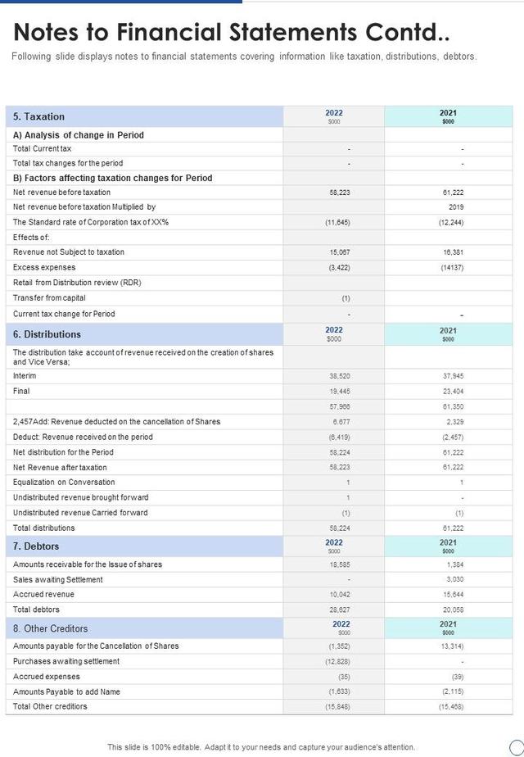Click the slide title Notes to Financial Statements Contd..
[231, 32]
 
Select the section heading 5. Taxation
[38, 116]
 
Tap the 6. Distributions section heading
[47, 334]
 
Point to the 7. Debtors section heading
[36, 546]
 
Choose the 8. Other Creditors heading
[50, 628]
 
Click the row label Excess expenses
[44, 267]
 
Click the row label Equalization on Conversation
[64, 483]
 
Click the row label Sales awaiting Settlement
[58, 580]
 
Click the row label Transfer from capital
[49, 298]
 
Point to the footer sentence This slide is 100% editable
[261, 747]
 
